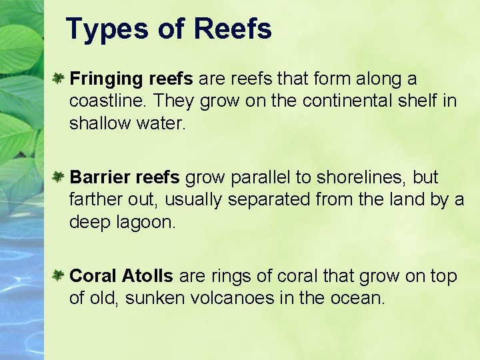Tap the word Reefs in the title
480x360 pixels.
(233, 29)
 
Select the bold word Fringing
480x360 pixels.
(107, 80)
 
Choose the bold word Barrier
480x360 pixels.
(99, 177)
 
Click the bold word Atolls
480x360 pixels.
(147, 276)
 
